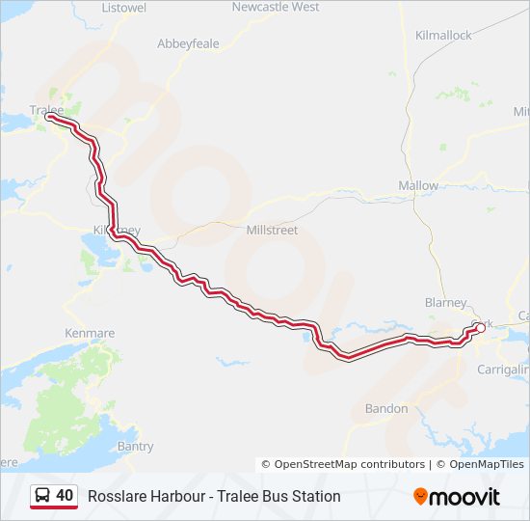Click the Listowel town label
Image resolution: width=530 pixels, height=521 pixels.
[123, 7]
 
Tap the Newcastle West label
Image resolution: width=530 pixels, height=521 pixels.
[276, 7]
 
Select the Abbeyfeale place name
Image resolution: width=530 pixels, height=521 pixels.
[189, 43]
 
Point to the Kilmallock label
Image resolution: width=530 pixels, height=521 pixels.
[443, 35]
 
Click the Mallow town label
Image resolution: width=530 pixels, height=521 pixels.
[418, 185]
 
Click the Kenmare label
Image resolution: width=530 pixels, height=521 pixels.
[90, 333]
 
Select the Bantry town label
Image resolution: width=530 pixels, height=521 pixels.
[135, 447]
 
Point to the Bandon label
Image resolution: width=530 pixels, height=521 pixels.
[386, 409]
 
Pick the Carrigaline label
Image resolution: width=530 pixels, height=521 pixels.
[504, 370]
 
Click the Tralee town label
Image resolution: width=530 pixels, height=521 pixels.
[46, 110]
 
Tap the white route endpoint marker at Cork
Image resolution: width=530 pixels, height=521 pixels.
[480, 328]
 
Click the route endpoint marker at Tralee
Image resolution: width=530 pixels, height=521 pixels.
[49, 118]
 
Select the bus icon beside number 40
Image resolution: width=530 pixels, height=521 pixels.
[42, 496]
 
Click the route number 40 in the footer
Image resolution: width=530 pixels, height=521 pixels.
[65, 496]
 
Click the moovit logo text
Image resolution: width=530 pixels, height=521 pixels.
[464, 497]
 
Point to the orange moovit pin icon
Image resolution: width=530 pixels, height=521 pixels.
[420, 497]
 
